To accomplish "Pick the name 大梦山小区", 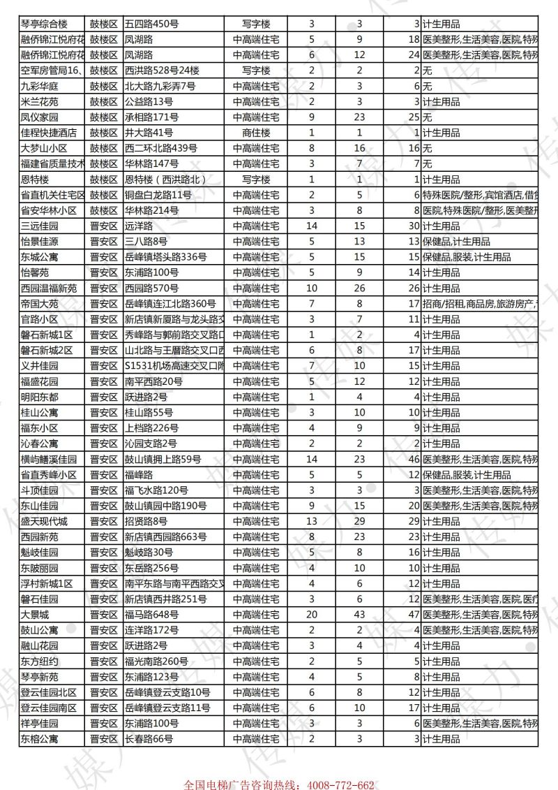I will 43,148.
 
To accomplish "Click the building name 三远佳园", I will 39,226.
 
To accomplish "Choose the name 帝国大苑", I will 39,304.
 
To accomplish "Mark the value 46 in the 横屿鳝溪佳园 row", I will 414,459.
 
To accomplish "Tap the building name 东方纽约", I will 39,661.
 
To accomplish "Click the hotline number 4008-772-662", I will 337,785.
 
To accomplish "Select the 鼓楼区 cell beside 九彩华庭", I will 103,86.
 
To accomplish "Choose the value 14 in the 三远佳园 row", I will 312,226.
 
